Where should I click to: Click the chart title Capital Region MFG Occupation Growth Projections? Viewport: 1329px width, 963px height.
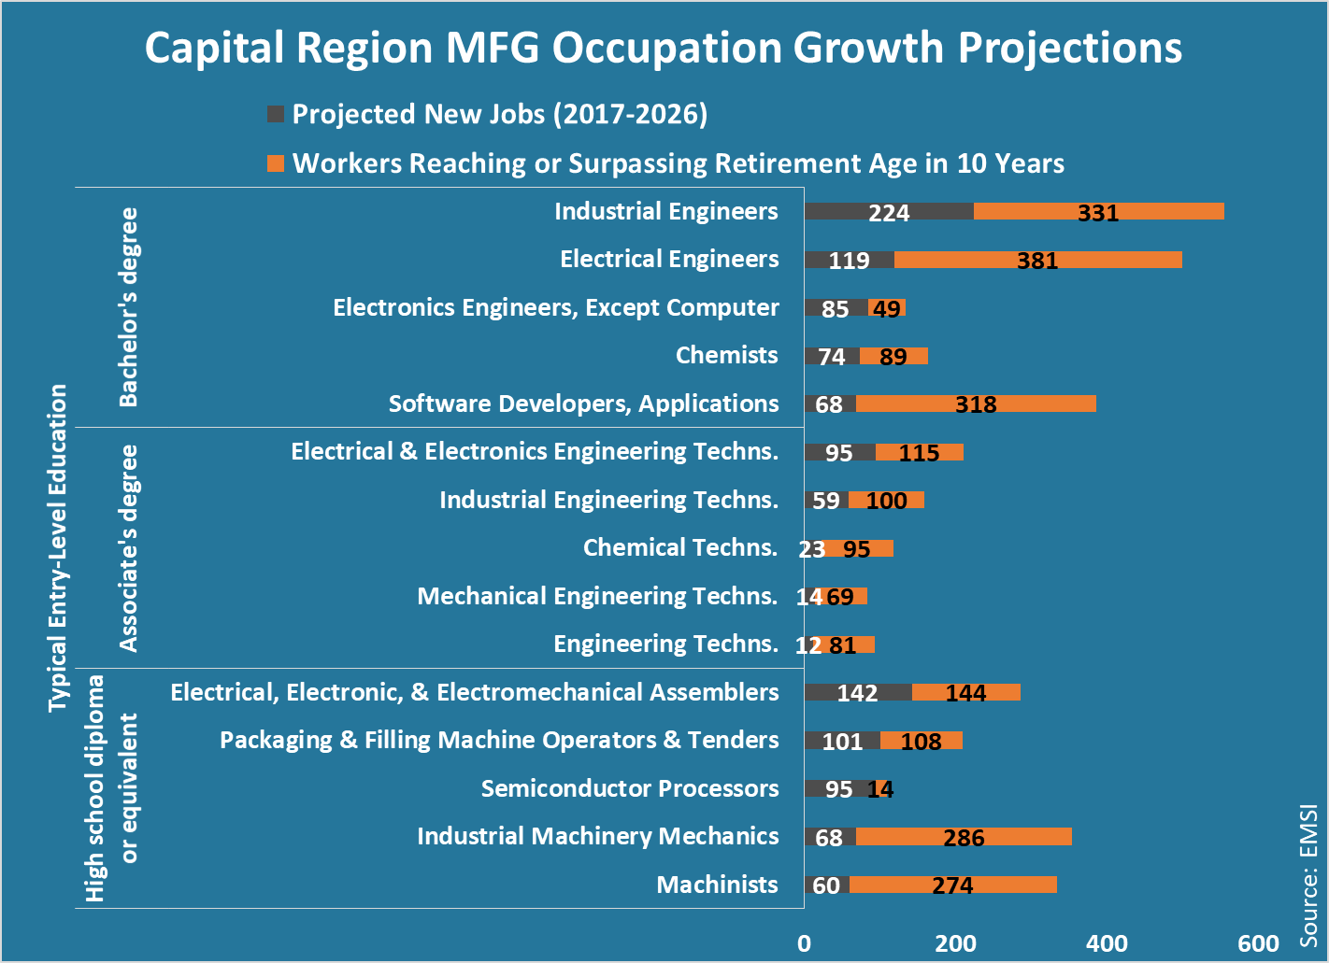[663, 49]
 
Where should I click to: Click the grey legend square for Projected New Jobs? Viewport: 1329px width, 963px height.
[276, 114]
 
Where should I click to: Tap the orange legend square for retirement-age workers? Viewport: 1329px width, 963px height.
[276, 163]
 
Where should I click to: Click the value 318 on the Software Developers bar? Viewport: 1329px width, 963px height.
[976, 404]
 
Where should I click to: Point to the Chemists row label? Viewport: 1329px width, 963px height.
[726, 355]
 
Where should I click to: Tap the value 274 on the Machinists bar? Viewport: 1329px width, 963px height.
[952, 885]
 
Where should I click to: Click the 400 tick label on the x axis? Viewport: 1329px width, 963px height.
[1107, 943]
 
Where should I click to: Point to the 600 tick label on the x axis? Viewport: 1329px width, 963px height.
[1258, 943]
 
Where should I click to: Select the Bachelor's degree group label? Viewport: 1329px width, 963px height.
[128, 307]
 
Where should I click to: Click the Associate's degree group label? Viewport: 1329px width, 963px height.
[128, 547]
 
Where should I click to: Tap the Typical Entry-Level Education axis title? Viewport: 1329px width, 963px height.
[58, 547]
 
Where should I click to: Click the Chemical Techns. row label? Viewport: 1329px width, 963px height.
[679, 547]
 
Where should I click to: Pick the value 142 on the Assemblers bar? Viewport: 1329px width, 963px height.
[857, 693]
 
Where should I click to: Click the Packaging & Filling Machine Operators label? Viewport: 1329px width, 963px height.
[499, 740]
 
